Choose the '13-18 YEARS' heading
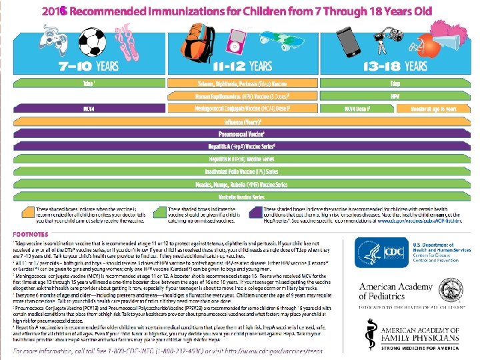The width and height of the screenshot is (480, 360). tap(396, 65)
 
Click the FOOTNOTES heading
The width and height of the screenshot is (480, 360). tap(34, 234)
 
